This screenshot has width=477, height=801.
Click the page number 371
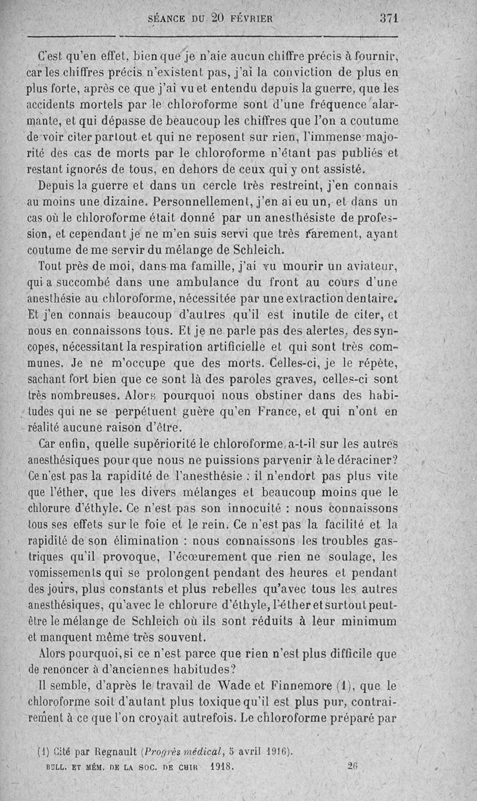388,18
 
